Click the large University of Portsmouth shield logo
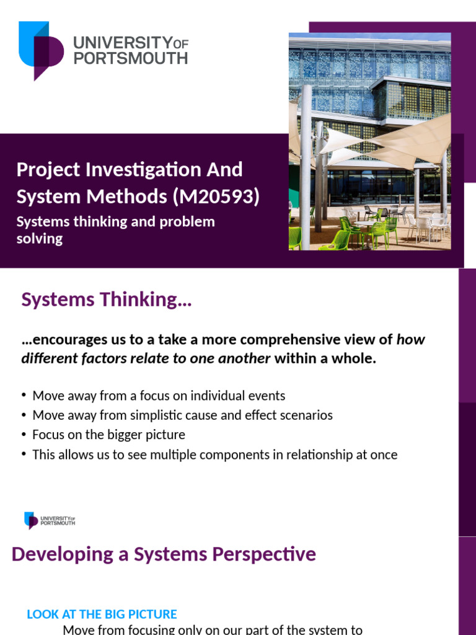tap(40, 50)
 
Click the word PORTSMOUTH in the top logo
tap(130, 58)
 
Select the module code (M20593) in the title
tap(215, 197)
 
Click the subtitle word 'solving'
tap(40, 239)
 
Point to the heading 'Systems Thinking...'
tap(107, 300)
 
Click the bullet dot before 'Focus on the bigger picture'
tap(24, 434)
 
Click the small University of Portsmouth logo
tap(50, 520)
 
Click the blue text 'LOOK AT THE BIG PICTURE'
tap(102, 614)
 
